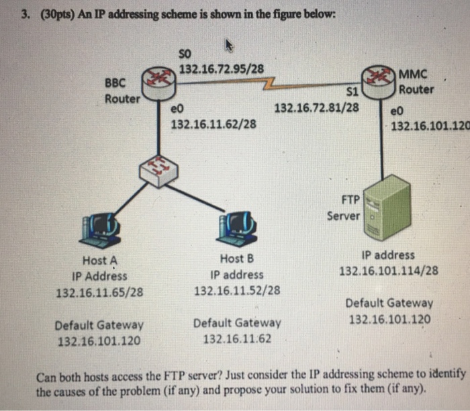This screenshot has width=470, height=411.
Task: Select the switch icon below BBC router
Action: coord(155,169)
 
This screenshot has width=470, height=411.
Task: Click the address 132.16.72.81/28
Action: coord(317,107)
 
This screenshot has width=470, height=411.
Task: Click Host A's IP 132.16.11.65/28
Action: coord(99,291)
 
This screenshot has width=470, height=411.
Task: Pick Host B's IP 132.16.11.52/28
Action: coord(237,291)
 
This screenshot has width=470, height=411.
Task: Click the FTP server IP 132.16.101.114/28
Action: coord(389,271)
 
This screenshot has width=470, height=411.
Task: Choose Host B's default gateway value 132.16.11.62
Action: coord(237,338)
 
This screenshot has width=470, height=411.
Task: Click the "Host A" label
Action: coord(99,261)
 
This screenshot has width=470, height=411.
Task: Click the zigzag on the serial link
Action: coord(271,85)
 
